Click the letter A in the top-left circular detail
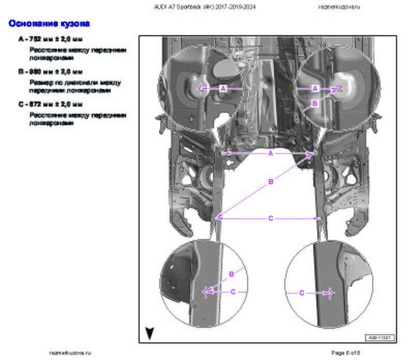[223, 88]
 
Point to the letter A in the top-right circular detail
[315, 88]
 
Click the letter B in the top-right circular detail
[314, 102]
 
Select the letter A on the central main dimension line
[270, 154]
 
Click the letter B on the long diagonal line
[270, 182]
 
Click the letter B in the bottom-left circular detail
[231, 273]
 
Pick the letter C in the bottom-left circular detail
[233, 292]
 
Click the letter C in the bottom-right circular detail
[302, 293]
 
